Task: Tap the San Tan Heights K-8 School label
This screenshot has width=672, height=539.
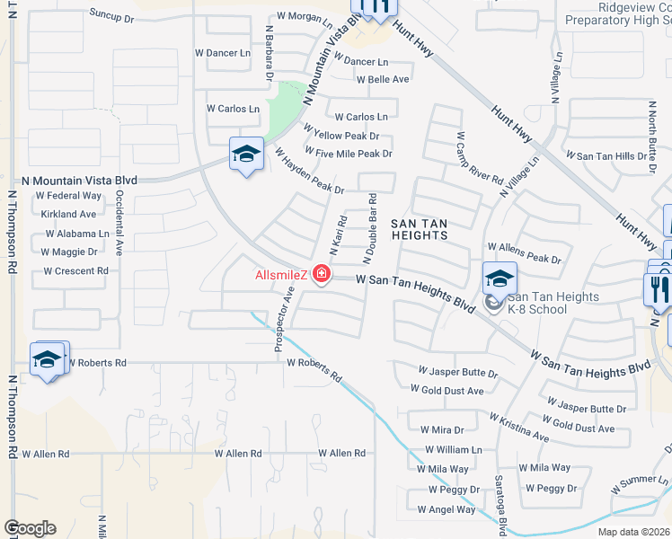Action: [x=536, y=303]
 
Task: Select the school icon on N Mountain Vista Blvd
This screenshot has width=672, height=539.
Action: [x=245, y=155]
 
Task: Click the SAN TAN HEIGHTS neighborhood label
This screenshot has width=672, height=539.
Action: [x=420, y=227]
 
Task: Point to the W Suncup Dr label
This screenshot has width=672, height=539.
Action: [x=124, y=16]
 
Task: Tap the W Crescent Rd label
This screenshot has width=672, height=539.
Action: [x=75, y=270]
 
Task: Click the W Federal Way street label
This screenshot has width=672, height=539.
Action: [x=67, y=196]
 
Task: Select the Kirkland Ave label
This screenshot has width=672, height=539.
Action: [x=68, y=215]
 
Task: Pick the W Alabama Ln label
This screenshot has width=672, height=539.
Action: [x=70, y=234]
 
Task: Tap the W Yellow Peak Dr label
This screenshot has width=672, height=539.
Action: [x=341, y=136]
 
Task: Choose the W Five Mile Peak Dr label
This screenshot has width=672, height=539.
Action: [x=349, y=154]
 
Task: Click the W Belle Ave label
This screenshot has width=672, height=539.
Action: [x=383, y=79]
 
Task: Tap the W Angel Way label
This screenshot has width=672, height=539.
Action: [x=447, y=509]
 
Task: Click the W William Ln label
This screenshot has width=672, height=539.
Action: [x=454, y=449]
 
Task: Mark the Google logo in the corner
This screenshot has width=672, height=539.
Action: [x=30, y=528]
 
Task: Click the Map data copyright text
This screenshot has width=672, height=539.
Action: [x=634, y=532]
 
